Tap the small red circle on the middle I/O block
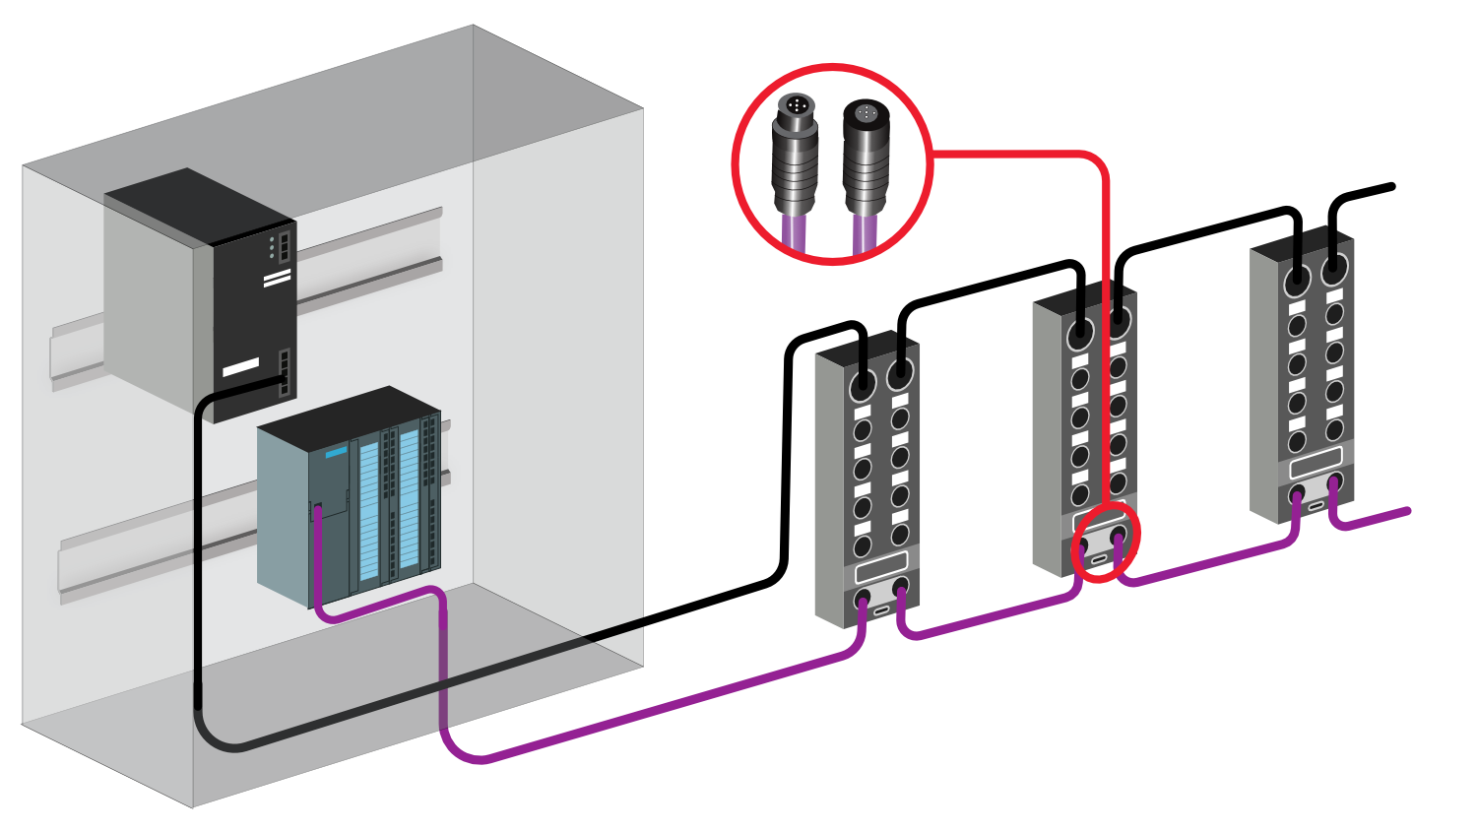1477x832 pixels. point(1106,541)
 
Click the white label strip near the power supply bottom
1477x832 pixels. point(240,367)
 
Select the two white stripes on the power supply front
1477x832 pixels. point(278,279)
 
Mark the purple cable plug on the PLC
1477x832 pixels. point(318,510)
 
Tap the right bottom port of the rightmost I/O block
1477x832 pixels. point(1334,482)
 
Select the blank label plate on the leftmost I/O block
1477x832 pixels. point(881,567)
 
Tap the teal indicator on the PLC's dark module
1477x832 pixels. point(336,453)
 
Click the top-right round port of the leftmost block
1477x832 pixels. point(900,374)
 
